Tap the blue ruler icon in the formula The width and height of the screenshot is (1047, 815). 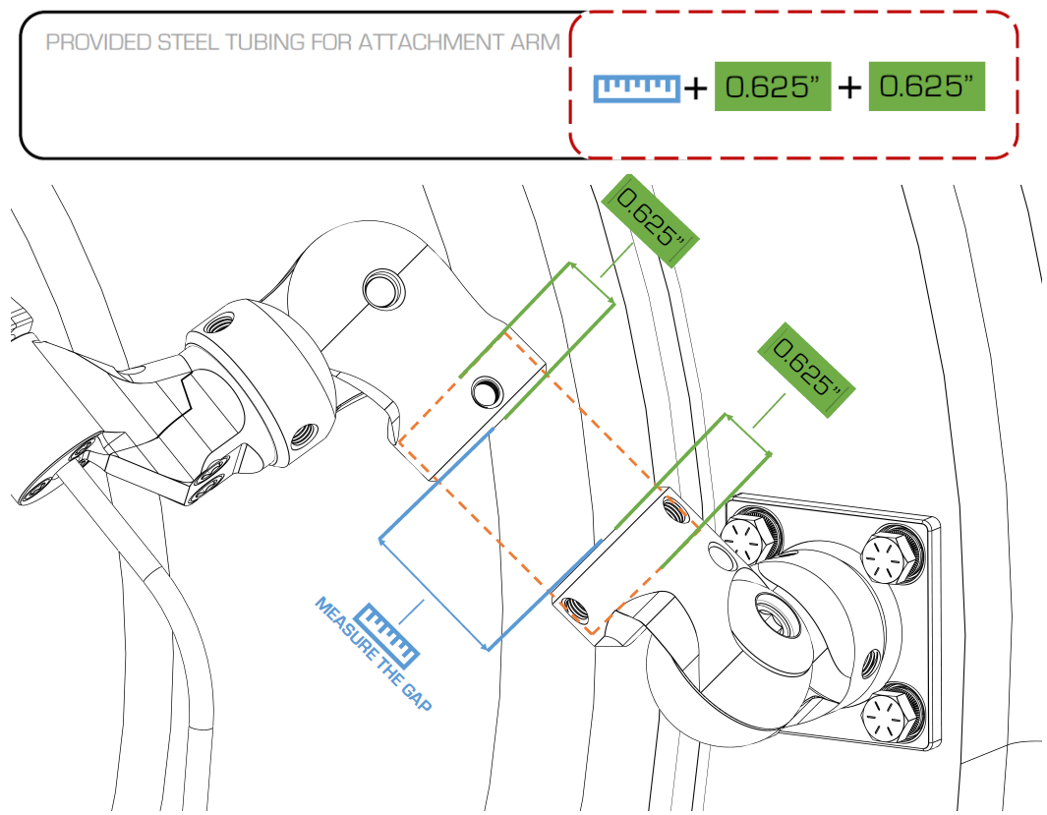click(637, 87)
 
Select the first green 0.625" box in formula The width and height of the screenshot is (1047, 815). click(772, 87)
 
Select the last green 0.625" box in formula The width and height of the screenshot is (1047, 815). click(926, 87)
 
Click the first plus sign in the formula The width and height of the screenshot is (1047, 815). click(695, 88)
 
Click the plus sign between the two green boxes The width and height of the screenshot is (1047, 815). click(849, 87)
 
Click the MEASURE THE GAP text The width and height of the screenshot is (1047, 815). click(373, 655)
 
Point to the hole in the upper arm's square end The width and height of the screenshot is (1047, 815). click(485, 392)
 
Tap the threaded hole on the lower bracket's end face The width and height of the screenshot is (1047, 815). click(575, 611)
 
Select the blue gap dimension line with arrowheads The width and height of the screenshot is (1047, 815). click(434, 593)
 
